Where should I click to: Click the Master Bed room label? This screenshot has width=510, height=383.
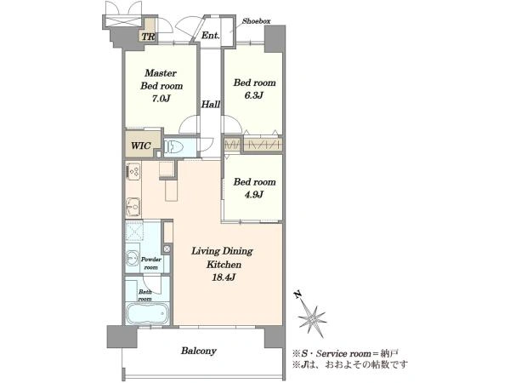[161, 79]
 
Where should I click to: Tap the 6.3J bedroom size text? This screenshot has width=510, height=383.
[253, 95]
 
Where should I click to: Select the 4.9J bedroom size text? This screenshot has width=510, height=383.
[253, 195]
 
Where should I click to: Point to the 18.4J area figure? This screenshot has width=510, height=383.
[224, 277]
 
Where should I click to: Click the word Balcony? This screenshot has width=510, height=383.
[199, 351]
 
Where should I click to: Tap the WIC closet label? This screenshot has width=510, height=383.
[141, 146]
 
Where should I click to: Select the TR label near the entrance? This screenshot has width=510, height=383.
[148, 37]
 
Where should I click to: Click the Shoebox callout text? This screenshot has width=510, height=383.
[257, 21]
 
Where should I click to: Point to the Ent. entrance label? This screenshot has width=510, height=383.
[210, 35]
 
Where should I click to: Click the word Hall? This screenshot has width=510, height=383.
[211, 104]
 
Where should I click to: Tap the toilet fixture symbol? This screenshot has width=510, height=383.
[173, 147]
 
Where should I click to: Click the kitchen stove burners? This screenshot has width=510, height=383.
[133, 172]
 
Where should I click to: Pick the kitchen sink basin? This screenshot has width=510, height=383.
[133, 207]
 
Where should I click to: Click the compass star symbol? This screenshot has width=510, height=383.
[312, 317]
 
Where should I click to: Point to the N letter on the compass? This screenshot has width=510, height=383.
[297, 294]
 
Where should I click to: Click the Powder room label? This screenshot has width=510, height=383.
[151, 263]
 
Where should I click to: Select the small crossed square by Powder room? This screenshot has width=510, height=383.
[167, 249]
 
